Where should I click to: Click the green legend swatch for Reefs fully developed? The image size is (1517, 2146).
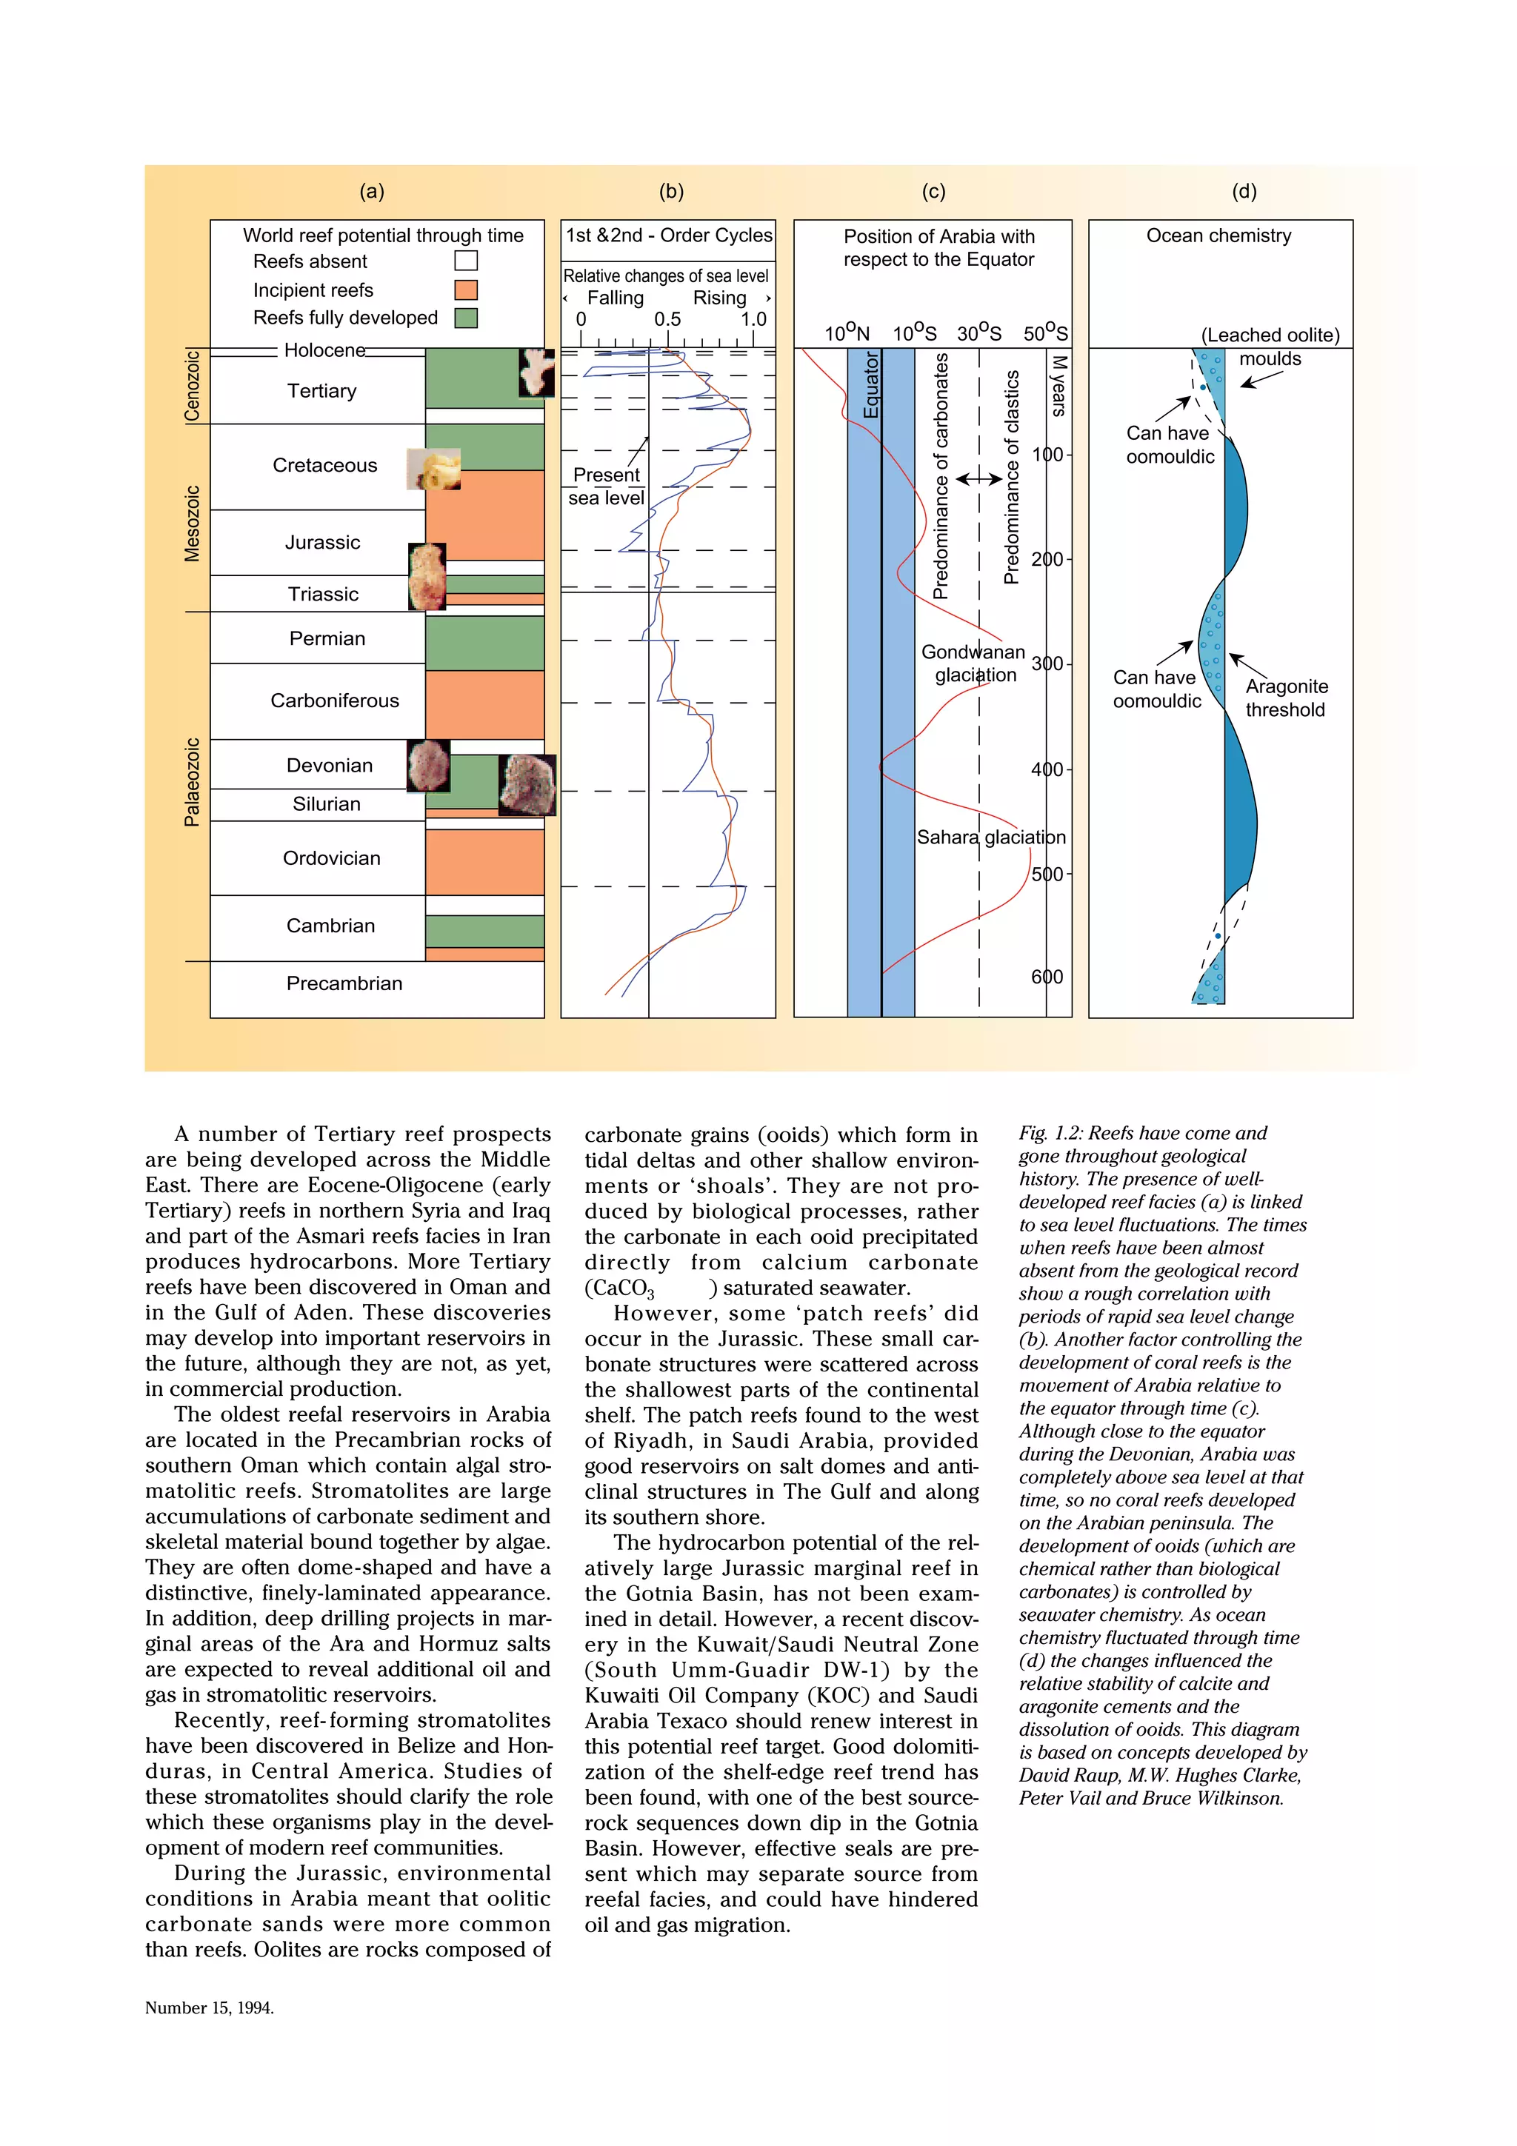tap(465, 318)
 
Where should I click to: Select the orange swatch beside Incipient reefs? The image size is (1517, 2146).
tap(465, 290)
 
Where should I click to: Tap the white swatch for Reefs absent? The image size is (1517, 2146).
tap(465, 261)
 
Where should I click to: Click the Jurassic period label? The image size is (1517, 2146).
tap(322, 542)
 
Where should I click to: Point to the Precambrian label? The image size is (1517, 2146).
tap(344, 983)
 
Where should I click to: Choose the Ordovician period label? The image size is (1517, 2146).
tap(332, 858)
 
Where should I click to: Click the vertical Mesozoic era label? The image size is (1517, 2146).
tap(192, 524)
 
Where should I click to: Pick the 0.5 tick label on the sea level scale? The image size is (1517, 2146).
tap(667, 320)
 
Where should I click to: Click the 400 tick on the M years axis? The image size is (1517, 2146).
tap(1047, 769)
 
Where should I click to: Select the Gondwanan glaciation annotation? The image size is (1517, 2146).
tap(974, 663)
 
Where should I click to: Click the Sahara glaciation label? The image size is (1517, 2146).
tap(991, 838)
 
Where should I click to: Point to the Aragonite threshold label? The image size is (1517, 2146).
tap(1286, 698)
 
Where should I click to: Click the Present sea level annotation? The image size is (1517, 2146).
tap(607, 486)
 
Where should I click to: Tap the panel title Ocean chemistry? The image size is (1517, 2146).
tap(1218, 235)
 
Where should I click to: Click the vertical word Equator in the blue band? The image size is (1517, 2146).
tap(871, 386)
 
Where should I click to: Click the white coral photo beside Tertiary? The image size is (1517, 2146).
tap(536, 372)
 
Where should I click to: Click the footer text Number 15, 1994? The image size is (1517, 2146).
tap(210, 2007)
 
